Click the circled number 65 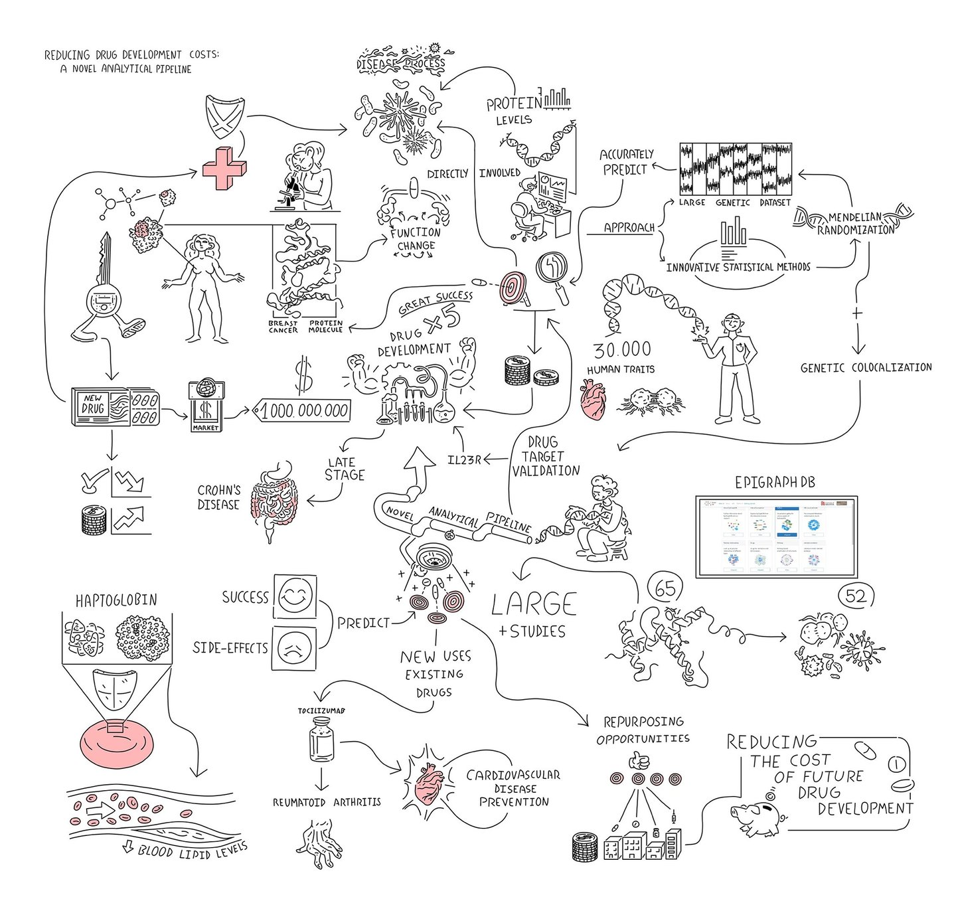665,588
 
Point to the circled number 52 856,596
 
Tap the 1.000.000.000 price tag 303,410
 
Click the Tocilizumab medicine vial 321,742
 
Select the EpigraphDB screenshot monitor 776,536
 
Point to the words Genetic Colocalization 866,367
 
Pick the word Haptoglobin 116,600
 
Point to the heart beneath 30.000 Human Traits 593,400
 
